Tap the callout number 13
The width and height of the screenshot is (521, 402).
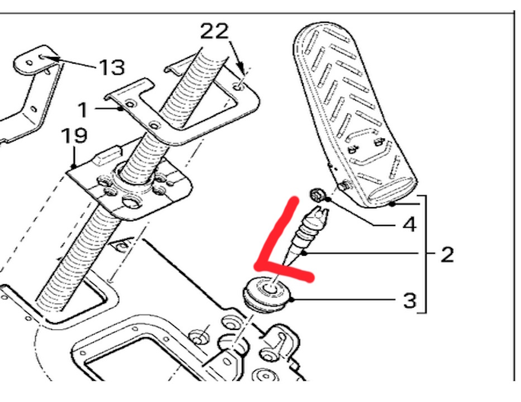tap(112, 68)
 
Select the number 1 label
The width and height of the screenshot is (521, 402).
tap(83, 109)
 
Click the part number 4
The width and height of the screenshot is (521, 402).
tap(409, 224)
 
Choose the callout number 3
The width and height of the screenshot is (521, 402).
tap(409, 301)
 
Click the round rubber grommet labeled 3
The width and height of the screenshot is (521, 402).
tap(268, 294)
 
